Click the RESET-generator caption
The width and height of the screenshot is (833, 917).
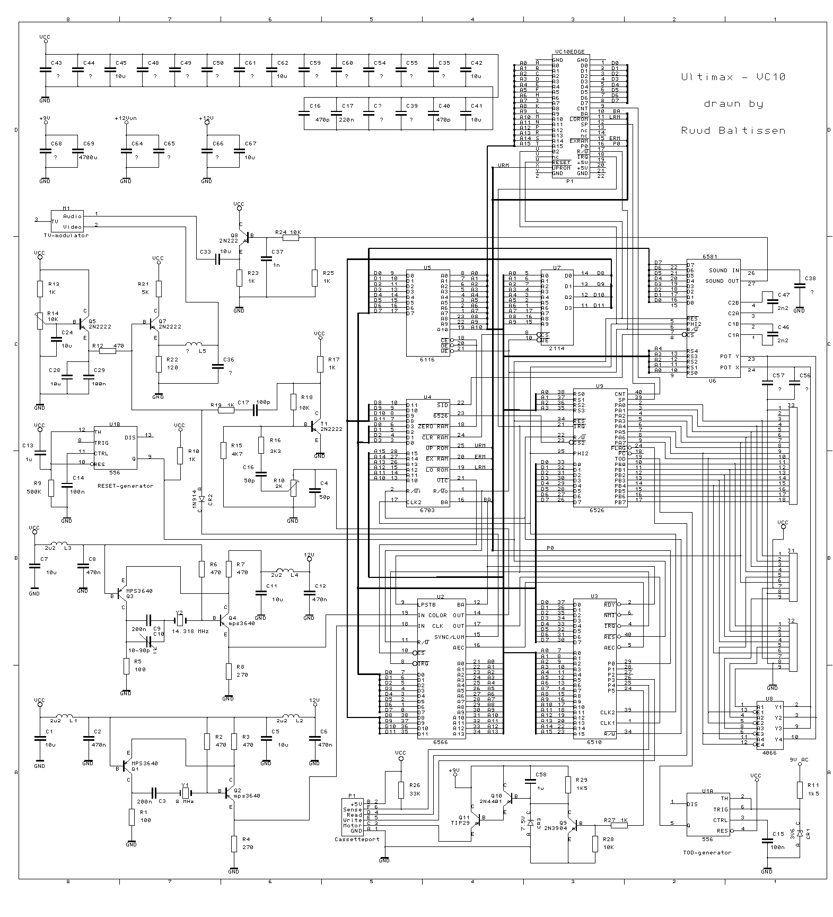tap(125, 485)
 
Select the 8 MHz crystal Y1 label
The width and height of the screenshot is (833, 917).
tap(185, 801)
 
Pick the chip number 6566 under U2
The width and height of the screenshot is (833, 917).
tap(440, 742)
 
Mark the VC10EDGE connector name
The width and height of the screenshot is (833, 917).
tap(569, 52)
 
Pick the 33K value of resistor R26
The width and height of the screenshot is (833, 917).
tap(415, 793)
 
